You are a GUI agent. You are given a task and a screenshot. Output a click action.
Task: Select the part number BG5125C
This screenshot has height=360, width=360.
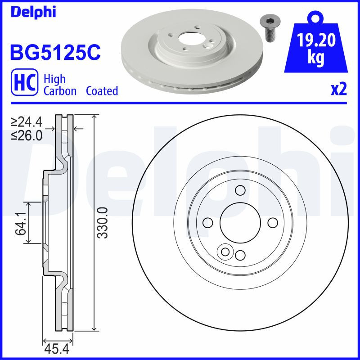54,52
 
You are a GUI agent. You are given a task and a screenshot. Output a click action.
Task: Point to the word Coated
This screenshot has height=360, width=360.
102,91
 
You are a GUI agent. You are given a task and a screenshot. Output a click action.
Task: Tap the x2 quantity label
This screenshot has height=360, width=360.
338,90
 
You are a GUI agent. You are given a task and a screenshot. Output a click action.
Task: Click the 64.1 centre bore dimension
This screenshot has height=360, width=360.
20,224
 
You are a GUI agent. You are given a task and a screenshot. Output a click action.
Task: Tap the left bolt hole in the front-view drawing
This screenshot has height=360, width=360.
207,223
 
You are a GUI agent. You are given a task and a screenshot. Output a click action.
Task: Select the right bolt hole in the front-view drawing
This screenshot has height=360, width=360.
272,223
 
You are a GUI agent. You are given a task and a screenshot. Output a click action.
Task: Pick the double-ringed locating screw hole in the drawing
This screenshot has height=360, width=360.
224,252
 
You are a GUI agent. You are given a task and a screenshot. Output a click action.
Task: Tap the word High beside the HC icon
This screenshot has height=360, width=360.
54,79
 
